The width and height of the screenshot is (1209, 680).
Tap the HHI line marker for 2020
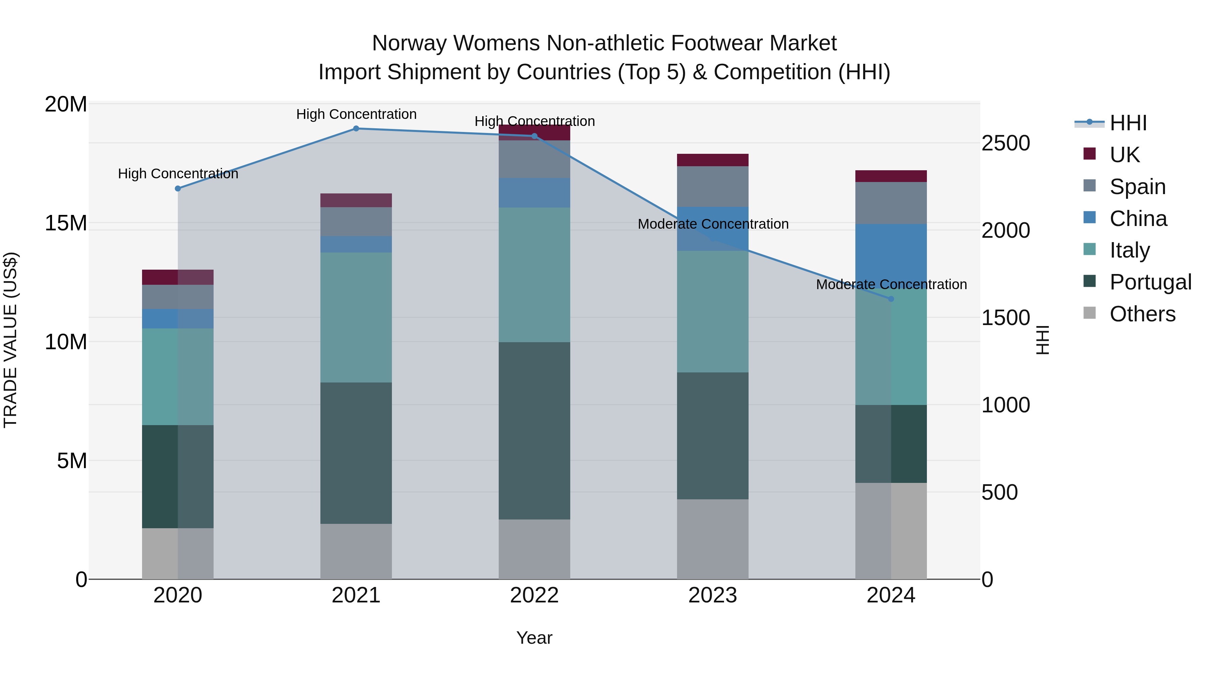coord(178,189)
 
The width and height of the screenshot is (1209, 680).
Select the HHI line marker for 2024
coord(891,299)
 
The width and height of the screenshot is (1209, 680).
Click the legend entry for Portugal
coord(1150,282)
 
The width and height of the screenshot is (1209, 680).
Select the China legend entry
coord(1138,219)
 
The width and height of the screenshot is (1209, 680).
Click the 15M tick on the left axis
coord(66,223)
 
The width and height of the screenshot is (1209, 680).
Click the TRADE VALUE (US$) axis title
coord(10,340)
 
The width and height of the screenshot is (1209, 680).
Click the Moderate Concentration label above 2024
coord(891,284)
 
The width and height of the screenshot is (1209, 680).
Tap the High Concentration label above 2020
coord(178,174)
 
